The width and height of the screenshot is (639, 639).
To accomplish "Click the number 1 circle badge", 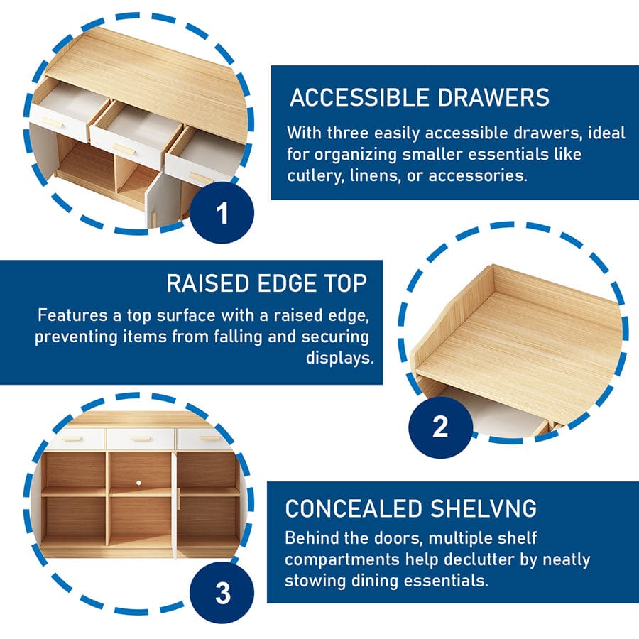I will click(222, 212).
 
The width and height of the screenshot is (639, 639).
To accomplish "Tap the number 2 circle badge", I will click(440, 427).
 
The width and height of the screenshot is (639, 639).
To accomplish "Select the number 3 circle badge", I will click(222, 594).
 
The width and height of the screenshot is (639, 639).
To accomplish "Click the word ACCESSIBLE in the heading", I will click(359, 98).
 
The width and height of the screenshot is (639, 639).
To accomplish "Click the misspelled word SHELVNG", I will click(483, 508).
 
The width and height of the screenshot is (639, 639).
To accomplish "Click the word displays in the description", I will click(339, 358).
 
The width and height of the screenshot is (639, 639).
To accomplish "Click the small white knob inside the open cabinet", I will click(140, 484).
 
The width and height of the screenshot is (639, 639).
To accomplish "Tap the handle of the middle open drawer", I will click(122, 149).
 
